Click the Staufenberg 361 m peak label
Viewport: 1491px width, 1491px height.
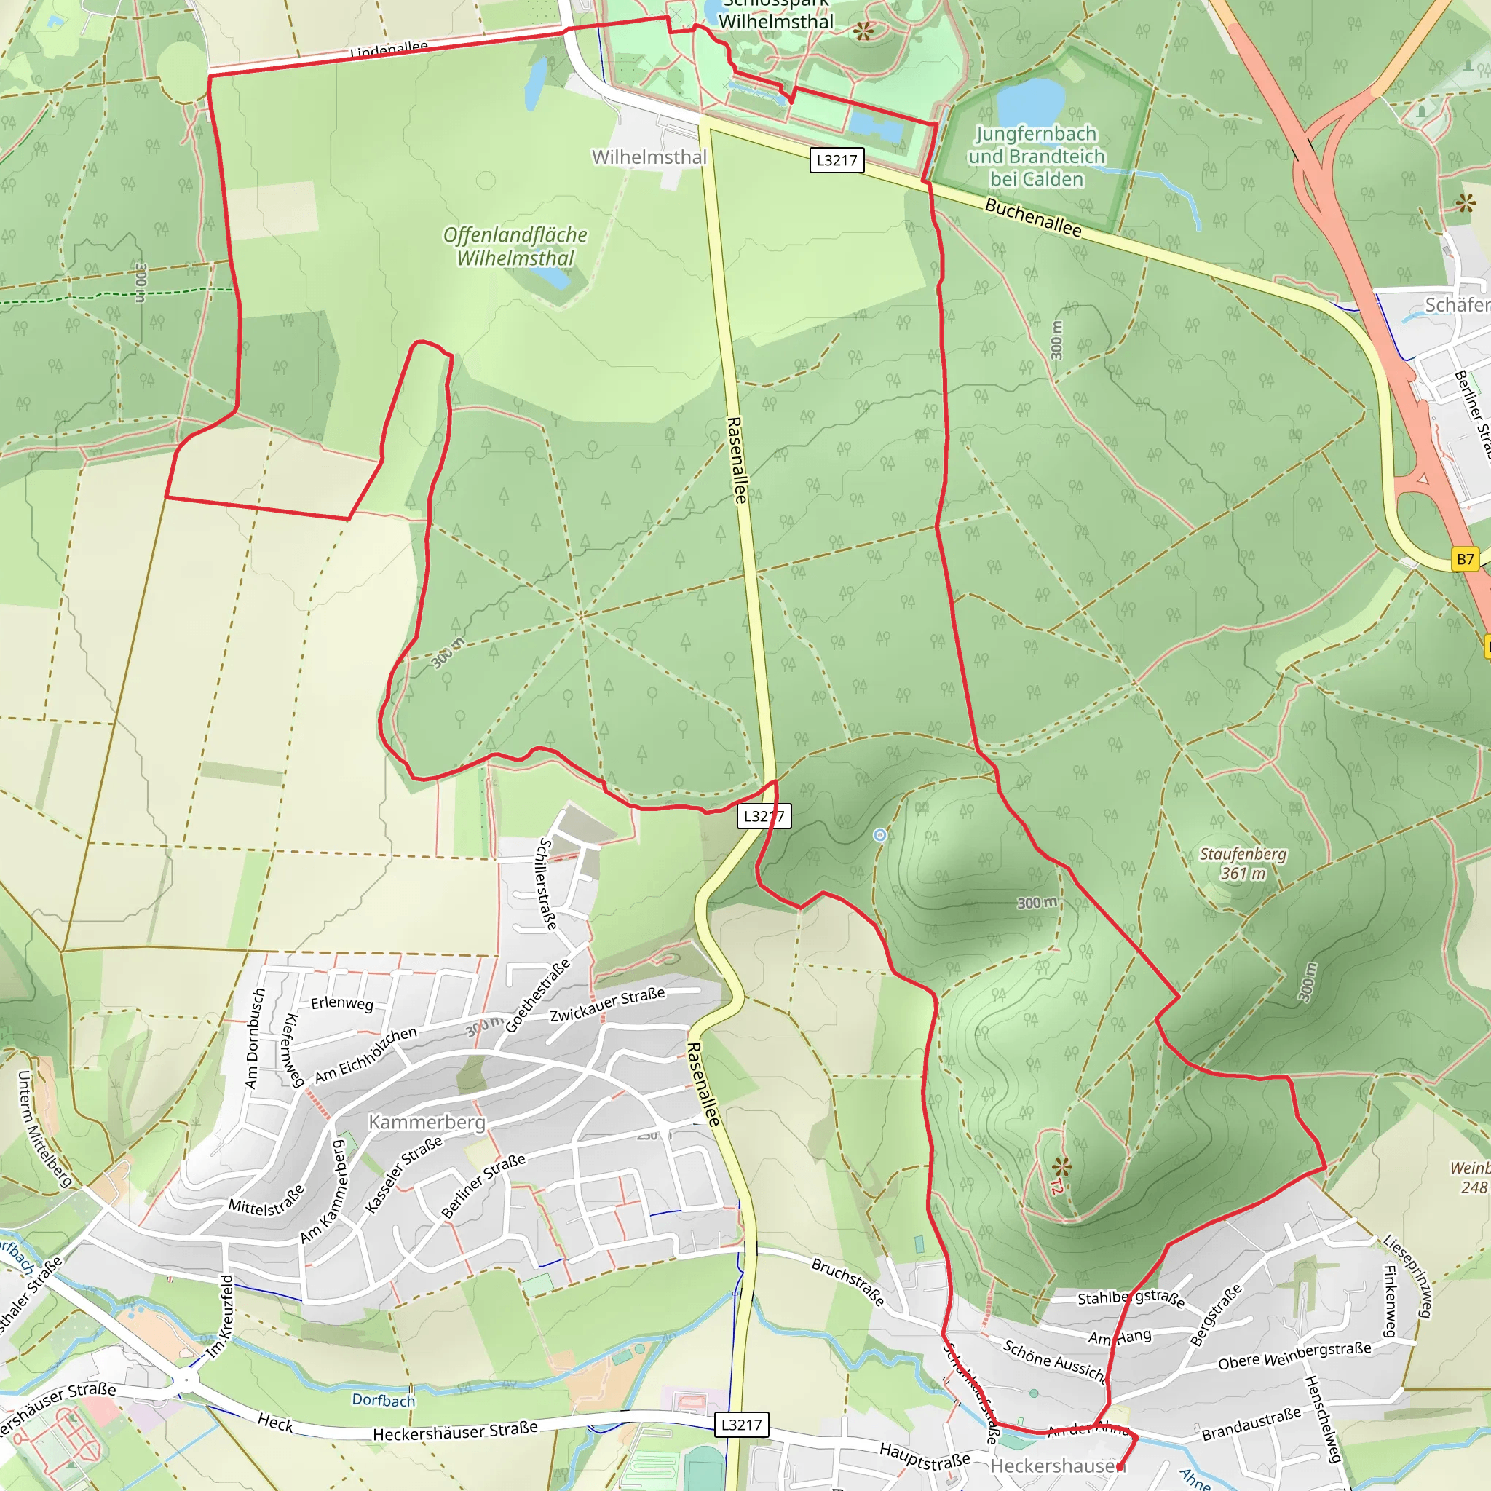[1243, 863]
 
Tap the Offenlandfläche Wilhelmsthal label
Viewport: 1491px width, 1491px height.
[515, 246]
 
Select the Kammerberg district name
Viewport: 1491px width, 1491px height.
[427, 1122]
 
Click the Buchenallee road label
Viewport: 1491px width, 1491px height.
[1032, 218]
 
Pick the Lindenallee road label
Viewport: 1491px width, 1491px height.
[388, 50]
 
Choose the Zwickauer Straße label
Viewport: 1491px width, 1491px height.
[607, 1005]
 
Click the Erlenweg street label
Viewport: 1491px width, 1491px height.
[342, 1003]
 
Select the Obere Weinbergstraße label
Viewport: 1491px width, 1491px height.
[1294, 1355]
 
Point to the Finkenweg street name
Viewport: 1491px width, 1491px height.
[1389, 1300]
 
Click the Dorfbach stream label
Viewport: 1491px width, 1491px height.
[384, 1399]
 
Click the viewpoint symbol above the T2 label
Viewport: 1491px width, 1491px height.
[1062, 1165]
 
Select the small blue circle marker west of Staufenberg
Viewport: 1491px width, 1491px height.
[879, 835]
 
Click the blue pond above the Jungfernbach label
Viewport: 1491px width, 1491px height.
[1030, 99]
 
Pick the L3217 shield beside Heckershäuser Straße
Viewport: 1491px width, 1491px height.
[742, 1425]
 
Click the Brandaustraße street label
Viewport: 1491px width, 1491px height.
[1251, 1425]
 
